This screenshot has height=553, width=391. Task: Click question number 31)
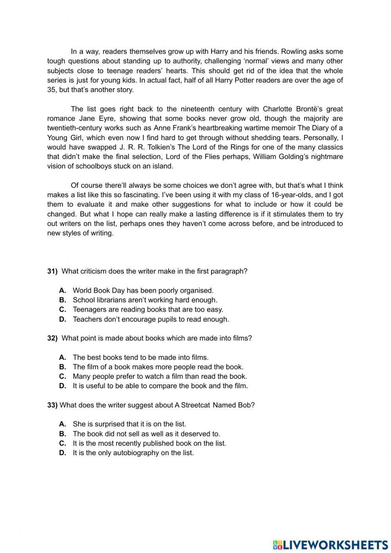pyautogui.click(x=52, y=271)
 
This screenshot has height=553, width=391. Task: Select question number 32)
pyautogui.click(x=52, y=338)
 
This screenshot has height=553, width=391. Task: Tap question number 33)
pyautogui.click(x=52, y=405)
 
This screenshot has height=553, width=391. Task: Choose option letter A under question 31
pyautogui.click(x=63, y=290)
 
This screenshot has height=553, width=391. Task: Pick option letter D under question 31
pyautogui.click(x=63, y=319)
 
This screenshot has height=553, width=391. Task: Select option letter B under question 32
pyautogui.click(x=63, y=367)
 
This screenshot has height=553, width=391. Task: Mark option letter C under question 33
pyautogui.click(x=63, y=443)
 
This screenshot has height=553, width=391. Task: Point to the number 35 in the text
pyautogui.click(x=51, y=90)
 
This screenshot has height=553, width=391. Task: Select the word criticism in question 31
pyautogui.click(x=92, y=271)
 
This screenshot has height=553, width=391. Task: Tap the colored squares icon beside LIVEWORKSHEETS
pyautogui.click(x=277, y=544)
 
